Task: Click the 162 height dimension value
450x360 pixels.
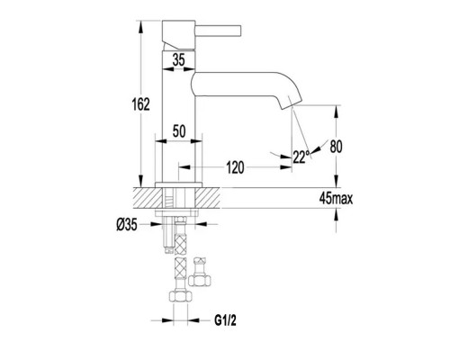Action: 140,104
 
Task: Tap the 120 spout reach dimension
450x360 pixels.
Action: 235,167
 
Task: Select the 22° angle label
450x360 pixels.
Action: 301,157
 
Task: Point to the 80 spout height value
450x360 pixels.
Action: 336,147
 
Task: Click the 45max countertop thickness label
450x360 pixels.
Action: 336,198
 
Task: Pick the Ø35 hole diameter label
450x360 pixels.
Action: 127,224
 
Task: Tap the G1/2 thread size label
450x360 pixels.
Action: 225,320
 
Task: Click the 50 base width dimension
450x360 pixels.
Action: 179,131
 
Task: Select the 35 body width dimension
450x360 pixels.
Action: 179,60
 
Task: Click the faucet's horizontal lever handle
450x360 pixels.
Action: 219,31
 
